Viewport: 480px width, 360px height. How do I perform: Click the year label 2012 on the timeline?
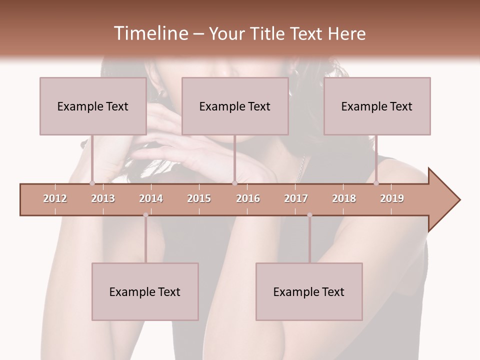(x=55, y=198)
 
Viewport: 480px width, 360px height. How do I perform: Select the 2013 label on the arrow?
(x=103, y=198)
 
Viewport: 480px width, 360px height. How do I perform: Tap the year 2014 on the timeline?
(x=151, y=198)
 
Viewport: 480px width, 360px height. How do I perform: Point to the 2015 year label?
(x=199, y=198)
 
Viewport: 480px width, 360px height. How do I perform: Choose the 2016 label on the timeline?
(x=248, y=198)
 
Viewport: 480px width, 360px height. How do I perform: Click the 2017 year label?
(x=296, y=198)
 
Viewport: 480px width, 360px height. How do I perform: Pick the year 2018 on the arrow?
(x=344, y=198)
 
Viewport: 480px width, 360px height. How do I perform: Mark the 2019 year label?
(x=392, y=198)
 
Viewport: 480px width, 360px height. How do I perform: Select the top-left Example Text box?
(x=93, y=106)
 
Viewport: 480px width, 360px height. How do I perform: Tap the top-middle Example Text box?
(x=235, y=106)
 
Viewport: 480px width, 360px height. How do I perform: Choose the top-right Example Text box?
(x=377, y=106)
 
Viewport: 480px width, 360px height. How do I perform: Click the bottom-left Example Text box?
(x=145, y=291)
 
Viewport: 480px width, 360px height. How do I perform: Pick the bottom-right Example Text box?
(x=309, y=291)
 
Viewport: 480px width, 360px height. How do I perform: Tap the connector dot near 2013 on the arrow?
(x=92, y=183)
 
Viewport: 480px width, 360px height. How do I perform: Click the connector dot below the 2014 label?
(x=145, y=215)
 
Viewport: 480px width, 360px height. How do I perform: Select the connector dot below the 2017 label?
(x=309, y=215)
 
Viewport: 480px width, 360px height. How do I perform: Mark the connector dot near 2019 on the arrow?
(x=376, y=183)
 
